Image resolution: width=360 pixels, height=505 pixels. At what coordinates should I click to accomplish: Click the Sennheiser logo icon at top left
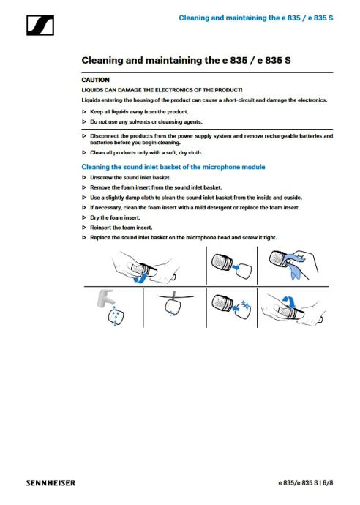coord(40,25)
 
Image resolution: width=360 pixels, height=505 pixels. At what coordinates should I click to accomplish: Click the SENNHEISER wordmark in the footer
coord(51,483)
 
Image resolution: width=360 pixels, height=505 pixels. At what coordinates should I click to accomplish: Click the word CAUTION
coord(95,80)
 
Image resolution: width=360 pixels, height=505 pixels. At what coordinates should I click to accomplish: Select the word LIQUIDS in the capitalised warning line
coord(92,90)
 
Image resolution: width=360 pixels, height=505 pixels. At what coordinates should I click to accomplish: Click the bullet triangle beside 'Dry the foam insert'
coord(84,217)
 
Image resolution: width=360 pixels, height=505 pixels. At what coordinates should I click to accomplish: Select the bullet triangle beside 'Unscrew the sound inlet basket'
coord(84,177)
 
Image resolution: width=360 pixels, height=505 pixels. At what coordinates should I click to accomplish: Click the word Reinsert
coord(101,228)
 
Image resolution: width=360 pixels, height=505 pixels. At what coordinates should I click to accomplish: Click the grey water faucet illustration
coord(105,298)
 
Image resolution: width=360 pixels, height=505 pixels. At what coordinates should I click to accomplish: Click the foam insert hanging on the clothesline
coord(173,306)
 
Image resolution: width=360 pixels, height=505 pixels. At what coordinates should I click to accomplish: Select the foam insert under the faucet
coord(116,316)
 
